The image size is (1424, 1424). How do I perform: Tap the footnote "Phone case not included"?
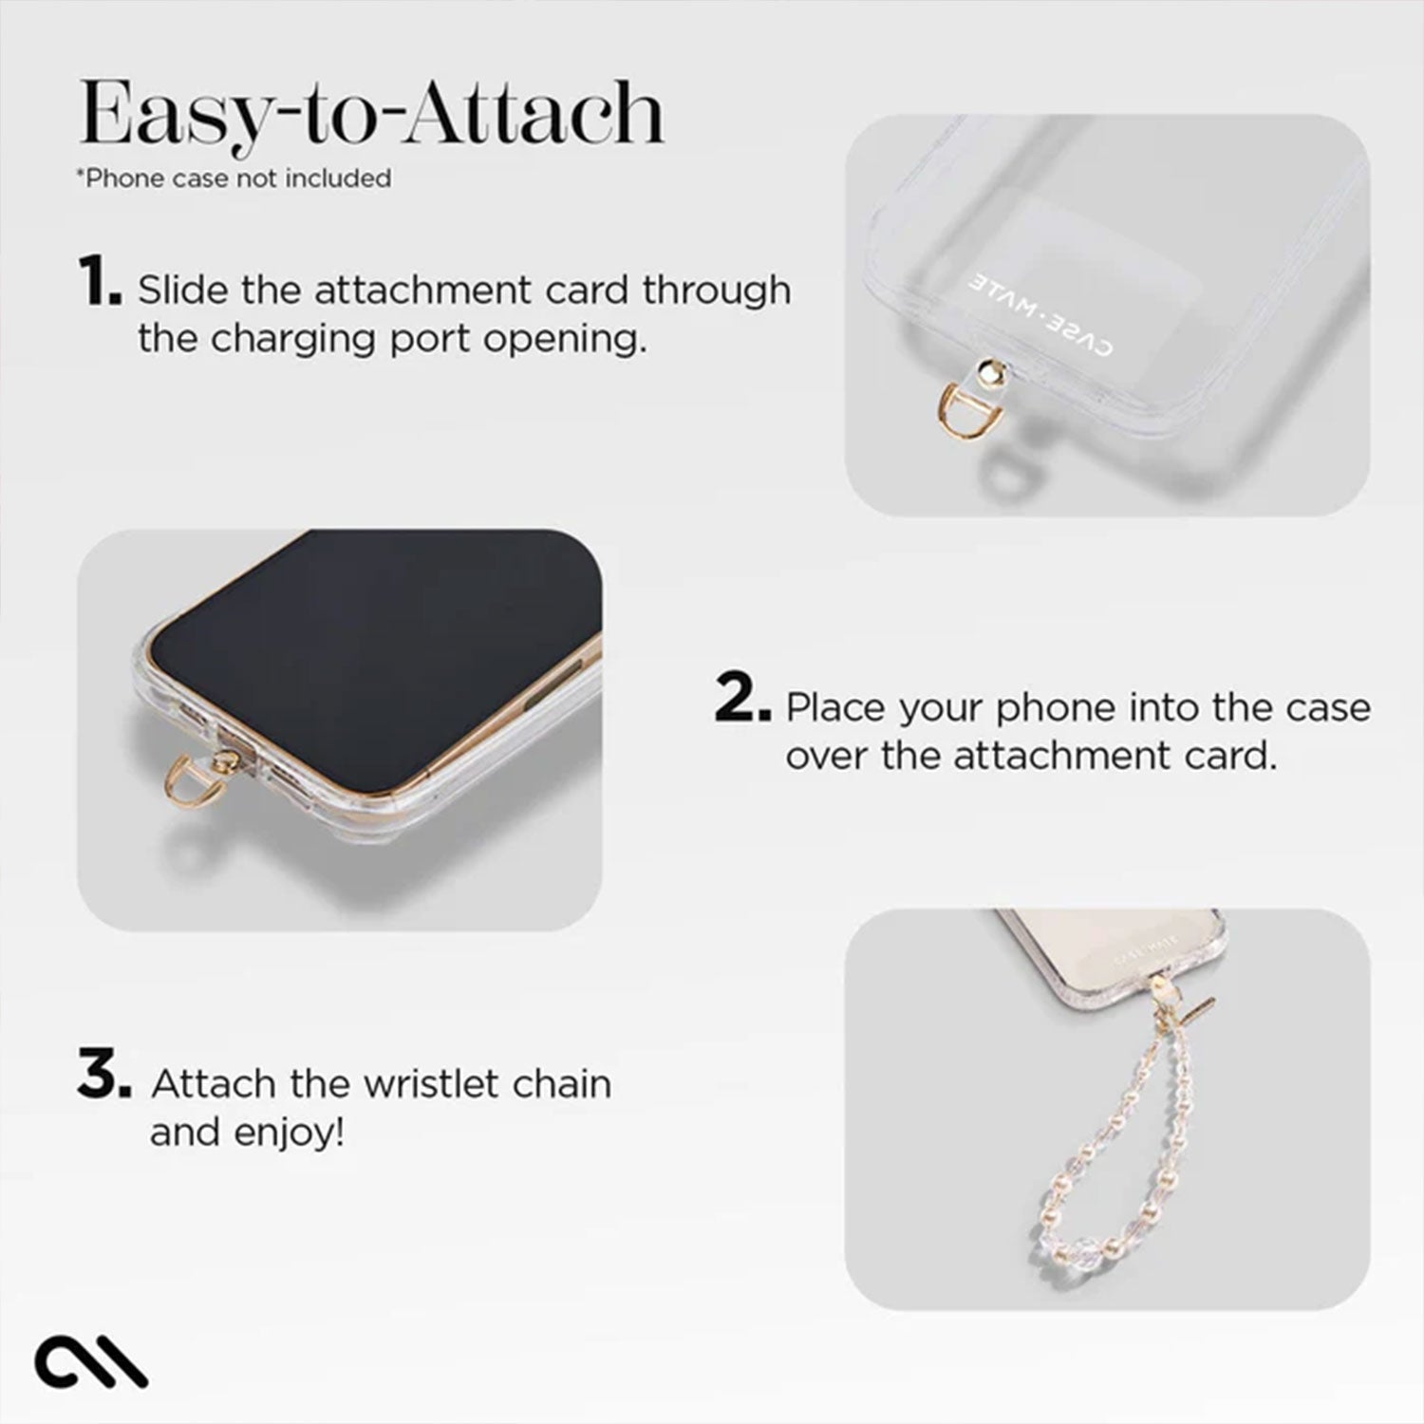pyautogui.click(x=234, y=178)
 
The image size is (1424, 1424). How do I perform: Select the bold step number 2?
pyautogui.click(x=741, y=703)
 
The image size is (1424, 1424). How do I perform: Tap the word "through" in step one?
pyautogui.click(x=717, y=289)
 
